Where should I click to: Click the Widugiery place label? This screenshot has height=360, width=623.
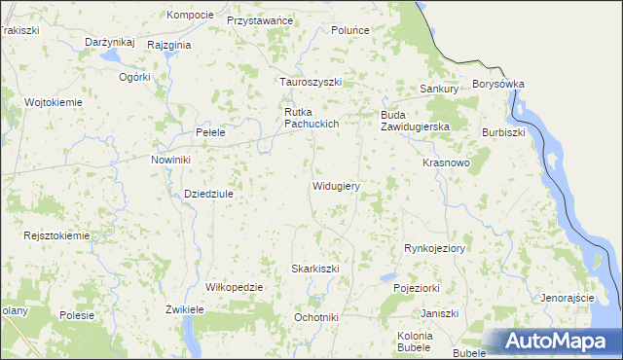337,186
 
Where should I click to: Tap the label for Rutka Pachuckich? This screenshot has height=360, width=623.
311,118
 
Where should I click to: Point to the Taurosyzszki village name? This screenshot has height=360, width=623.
311,83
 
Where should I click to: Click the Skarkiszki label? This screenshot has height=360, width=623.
315,269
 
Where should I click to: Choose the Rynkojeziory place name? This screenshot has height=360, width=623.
435,249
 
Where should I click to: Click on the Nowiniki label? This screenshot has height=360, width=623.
170,160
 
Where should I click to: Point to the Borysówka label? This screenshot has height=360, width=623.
497,85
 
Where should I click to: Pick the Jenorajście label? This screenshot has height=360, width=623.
568,297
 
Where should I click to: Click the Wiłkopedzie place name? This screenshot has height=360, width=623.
235,288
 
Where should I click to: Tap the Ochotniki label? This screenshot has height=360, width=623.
315,317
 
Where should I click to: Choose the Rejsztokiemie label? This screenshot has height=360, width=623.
56,235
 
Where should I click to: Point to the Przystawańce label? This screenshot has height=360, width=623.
259,19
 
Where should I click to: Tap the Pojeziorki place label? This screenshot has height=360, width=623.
417,289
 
